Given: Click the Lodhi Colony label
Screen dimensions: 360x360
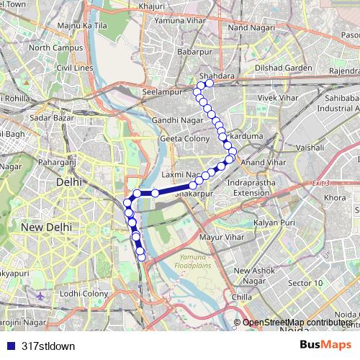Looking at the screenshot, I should pyautogui.click(x=84, y=293).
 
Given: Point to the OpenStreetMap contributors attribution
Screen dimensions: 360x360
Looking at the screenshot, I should pyautogui.click(x=297, y=322).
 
